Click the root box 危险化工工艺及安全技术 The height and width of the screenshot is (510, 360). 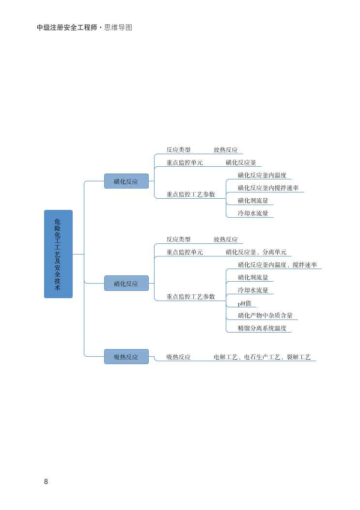58,254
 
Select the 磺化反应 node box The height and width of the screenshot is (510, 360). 126,181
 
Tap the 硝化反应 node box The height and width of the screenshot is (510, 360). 126,283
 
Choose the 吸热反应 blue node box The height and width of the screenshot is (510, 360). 126,357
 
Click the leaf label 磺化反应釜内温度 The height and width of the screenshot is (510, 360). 262,175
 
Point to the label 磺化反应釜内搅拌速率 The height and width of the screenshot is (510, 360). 268,188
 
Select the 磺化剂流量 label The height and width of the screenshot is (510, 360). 253,200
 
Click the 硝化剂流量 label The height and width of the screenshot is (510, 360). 253,277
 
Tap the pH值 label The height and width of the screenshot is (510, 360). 245,303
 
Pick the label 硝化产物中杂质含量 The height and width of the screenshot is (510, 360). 265,315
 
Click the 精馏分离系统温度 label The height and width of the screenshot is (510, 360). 262,328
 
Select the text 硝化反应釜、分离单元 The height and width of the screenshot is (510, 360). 256,252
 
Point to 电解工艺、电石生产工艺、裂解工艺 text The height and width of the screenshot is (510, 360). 262,357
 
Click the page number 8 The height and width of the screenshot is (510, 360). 46,481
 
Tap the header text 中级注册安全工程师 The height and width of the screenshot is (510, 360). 67,28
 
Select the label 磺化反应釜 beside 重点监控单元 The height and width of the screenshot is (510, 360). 241,162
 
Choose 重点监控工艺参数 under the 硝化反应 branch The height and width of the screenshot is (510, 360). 190,296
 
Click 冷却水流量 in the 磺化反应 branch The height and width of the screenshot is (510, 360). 253,213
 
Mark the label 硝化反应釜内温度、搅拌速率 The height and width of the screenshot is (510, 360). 277,265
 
